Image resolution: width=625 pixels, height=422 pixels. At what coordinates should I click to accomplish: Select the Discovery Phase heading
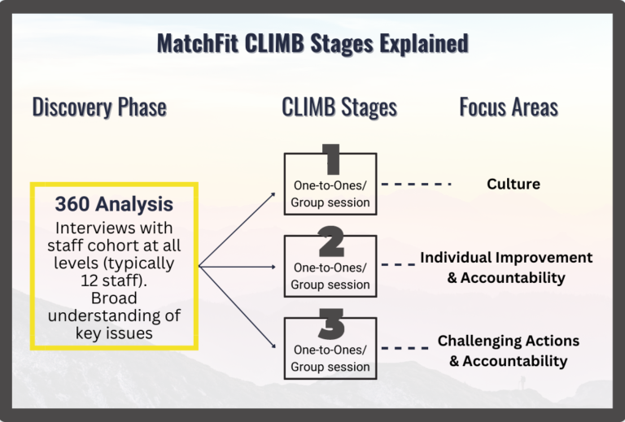99,107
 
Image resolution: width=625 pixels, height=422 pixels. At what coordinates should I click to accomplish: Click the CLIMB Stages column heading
339,107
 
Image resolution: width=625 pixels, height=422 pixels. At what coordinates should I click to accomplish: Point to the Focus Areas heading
509,107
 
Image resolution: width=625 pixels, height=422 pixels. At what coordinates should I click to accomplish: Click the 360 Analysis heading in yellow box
114,204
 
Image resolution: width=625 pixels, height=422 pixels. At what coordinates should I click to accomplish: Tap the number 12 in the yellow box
90,281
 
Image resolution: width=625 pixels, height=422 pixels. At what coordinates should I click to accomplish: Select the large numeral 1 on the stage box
331,159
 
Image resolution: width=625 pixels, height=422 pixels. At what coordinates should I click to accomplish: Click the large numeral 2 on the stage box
331,241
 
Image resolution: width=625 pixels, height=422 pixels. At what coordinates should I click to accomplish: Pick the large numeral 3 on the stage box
332,324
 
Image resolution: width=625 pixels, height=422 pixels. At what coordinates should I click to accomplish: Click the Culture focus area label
514,184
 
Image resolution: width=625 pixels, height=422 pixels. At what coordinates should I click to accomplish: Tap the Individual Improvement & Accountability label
506,268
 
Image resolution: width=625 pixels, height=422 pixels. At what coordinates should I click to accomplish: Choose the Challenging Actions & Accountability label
508,350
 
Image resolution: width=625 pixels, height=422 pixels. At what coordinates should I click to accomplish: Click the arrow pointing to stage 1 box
237,229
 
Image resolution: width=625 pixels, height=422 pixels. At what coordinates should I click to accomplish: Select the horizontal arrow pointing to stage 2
237,267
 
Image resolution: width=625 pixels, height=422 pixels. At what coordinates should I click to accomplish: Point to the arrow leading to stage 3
237,307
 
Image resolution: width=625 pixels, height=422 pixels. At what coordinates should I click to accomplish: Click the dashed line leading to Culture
416,184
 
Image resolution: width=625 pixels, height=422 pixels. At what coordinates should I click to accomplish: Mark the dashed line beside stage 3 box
405,348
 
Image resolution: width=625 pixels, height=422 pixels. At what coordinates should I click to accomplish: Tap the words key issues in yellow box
114,333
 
